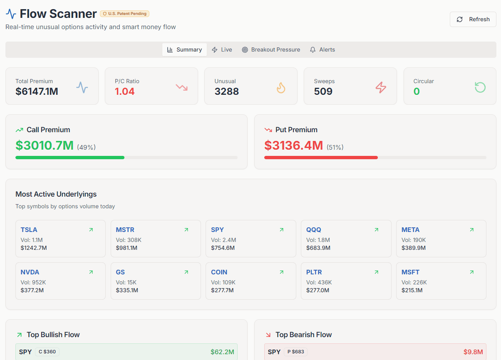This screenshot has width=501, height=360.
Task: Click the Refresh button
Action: (x=473, y=20)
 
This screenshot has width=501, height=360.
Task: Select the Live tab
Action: (x=222, y=49)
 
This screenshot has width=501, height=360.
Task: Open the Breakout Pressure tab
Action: (x=271, y=49)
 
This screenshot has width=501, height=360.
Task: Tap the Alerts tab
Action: (x=322, y=49)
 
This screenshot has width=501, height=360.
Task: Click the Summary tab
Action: (x=184, y=49)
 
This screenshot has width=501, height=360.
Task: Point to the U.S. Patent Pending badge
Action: (x=124, y=14)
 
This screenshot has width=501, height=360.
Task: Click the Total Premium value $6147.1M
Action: (x=37, y=91)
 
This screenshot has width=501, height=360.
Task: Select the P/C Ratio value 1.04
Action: (x=125, y=91)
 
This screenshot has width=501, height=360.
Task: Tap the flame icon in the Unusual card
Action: (x=281, y=87)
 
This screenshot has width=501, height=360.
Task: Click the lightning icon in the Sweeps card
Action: (x=380, y=87)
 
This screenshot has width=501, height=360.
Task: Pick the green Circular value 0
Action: (x=417, y=91)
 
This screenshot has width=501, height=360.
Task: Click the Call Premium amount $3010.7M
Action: (x=45, y=145)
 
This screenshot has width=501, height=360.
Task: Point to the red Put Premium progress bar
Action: (x=321, y=158)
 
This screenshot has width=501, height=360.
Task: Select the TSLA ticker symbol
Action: (x=29, y=229)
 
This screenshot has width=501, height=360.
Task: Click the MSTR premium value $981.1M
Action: (x=126, y=248)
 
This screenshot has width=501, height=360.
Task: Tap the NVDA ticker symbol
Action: (x=30, y=272)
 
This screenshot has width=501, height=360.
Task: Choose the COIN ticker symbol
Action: (x=219, y=272)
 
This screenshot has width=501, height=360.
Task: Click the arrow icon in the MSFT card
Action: (x=471, y=272)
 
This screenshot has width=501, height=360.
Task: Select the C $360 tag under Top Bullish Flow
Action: (x=47, y=352)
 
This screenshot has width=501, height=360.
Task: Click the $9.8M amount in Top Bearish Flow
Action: (x=473, y=352)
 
